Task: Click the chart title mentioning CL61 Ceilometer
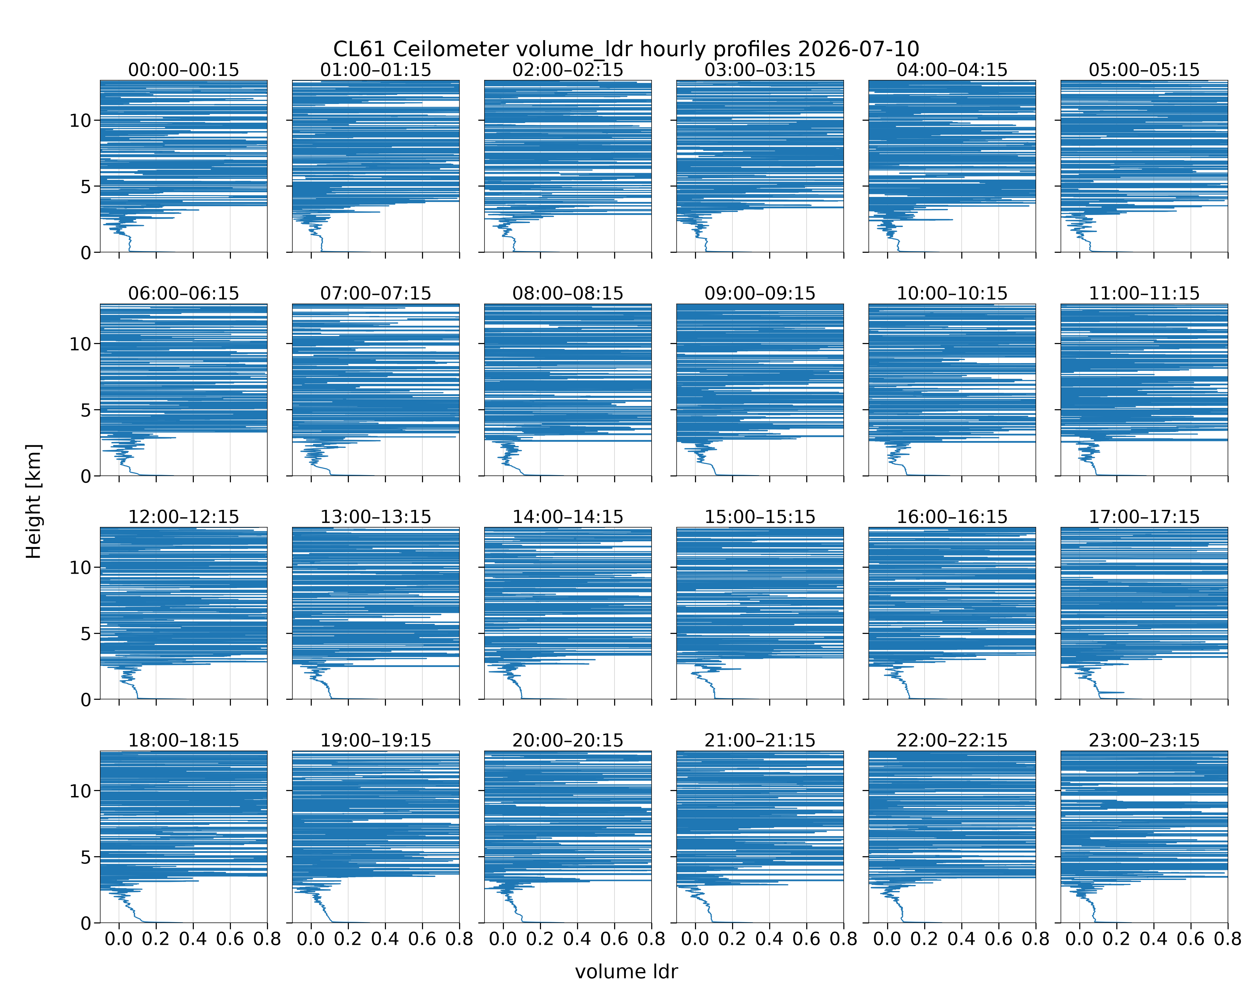pyautogui.click(x=626, y=49)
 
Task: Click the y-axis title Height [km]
pyautogui.click(x=34, y=501)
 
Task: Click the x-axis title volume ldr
pyautogui.click(x=626, y=972)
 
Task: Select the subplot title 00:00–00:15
pyautogui.click(x=184, y=70)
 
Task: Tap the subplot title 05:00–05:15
pyautogui.click(x=1144, y=70)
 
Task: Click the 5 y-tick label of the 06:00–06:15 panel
pyautogui.click(x=86, y=410)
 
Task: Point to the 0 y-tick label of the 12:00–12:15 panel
pyautogui.click(x=86, y=699)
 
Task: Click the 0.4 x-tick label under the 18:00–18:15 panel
pyautogui.click(x=193, y=939)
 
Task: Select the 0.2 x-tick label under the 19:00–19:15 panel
pyautogui.click(x=348, y=939)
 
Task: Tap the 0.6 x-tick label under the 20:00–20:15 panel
pyautogui.click(x=614, y=939)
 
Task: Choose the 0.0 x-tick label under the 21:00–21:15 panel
pyautogui.click(x=695, y=939)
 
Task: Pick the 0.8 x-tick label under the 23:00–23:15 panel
pyautogui.click(x=1227, y=939)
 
